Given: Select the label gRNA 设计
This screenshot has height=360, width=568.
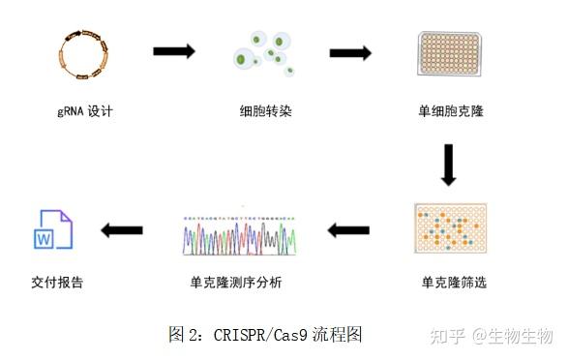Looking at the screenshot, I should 85,111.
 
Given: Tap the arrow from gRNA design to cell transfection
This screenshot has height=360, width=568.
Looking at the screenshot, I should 174,51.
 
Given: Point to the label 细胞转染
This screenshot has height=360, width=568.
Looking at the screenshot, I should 265,111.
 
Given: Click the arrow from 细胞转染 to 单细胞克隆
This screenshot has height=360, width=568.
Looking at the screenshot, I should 350,53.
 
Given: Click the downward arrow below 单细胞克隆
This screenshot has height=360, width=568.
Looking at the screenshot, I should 448,165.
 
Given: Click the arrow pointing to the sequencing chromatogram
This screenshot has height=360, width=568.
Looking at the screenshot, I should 349,230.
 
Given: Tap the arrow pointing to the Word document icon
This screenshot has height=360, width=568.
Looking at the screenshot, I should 123,230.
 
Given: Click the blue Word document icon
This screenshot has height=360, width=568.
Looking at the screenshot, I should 54,230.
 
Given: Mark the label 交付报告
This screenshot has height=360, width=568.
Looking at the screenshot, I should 57,284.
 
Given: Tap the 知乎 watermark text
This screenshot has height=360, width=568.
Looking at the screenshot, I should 448,335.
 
